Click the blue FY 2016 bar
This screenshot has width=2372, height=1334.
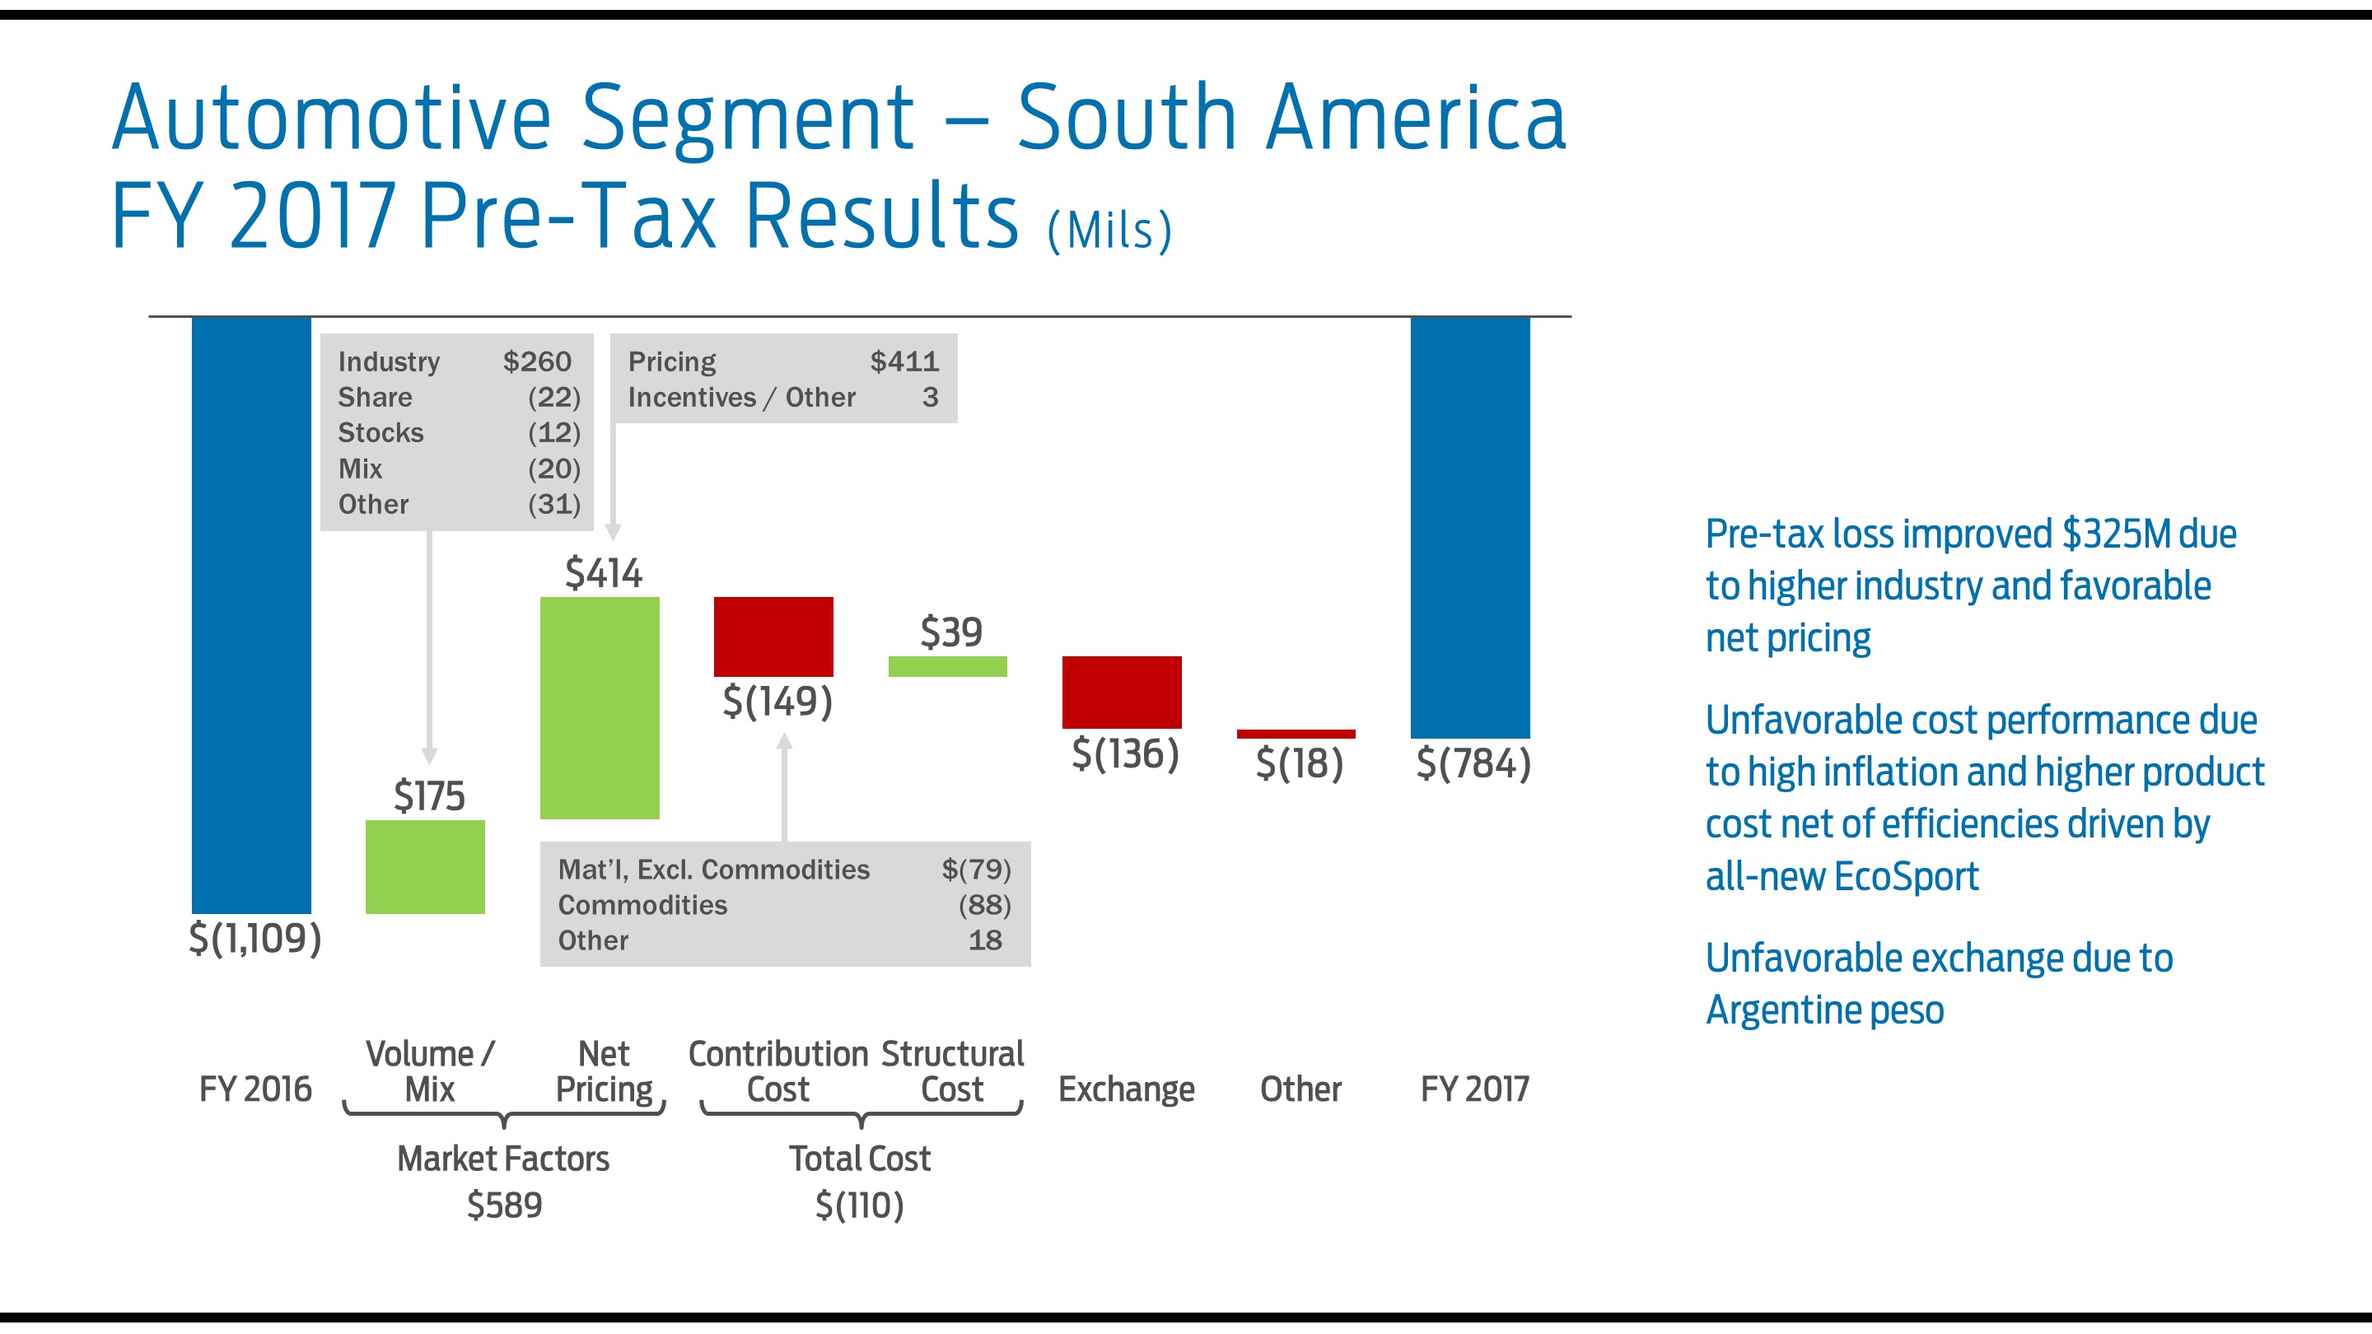point(250,615)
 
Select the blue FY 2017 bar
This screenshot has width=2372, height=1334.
point(1469,527)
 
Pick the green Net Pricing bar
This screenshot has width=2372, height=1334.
point(600,707)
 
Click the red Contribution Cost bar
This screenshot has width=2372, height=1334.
point(773,637)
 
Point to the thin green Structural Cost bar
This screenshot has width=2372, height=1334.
point(947,666)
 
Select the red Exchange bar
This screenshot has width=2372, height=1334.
point(1122,692)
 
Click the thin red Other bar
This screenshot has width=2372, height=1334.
point(1296,734)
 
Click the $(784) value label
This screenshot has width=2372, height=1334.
point(1473,763)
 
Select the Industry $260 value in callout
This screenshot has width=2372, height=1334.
point(537,361)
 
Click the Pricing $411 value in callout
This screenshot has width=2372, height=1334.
point(904,361)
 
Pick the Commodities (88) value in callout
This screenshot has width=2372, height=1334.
point(984,905)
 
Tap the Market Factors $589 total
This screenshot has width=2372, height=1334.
point(504,1204)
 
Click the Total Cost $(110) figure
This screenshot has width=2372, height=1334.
point(859,1204)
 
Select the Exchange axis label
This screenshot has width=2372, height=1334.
point(1126,1089)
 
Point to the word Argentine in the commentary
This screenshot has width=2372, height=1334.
point(1779,1010)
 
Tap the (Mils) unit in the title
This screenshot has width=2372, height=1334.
point(1109,231)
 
